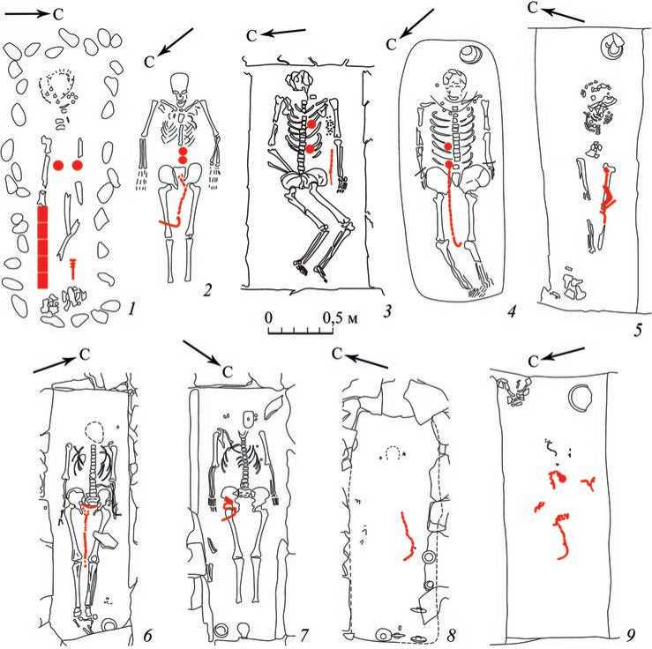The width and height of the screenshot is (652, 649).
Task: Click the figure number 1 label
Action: (131, 309)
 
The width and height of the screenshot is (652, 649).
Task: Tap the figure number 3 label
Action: (387, 310)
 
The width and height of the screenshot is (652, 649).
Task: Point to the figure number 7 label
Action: (304, 635)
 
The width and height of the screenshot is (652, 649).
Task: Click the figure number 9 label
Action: (630, 635)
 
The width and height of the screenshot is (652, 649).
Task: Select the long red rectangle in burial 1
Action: (42, 247)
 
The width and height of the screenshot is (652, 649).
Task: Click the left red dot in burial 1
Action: (58, 166)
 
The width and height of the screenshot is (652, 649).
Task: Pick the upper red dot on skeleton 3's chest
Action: (311, 123)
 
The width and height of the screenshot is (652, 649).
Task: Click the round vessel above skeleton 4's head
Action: (470, 54)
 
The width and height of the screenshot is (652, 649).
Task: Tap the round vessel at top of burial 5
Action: (612, 45)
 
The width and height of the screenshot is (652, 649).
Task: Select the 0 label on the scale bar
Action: (268, 317)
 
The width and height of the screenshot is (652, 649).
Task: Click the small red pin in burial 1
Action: (73, 268)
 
